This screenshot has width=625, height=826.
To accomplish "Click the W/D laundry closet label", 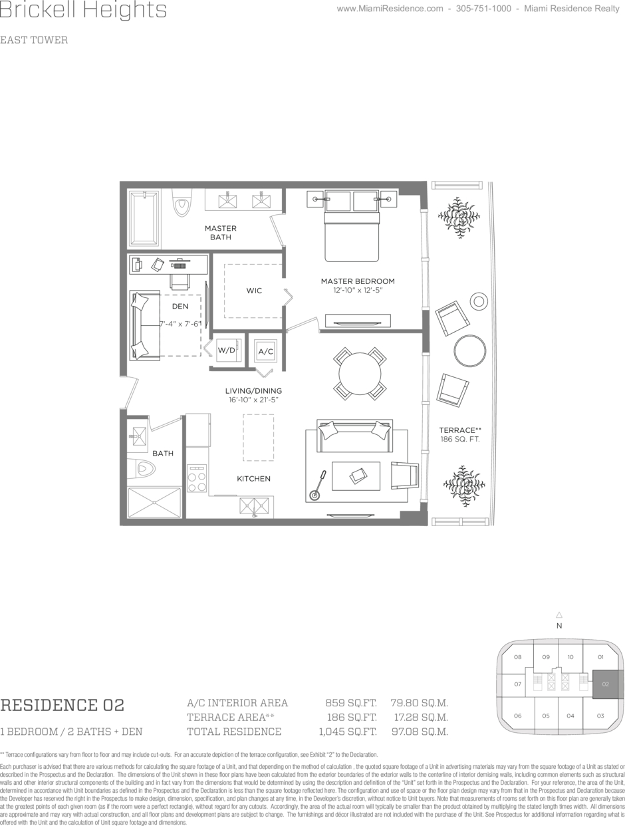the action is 226,350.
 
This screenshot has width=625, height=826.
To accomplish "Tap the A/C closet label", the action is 265,351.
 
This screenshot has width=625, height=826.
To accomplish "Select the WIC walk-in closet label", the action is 254,291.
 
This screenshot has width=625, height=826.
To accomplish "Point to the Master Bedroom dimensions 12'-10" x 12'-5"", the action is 358,291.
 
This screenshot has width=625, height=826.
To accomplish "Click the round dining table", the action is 360,374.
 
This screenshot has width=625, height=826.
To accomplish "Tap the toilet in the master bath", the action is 182,203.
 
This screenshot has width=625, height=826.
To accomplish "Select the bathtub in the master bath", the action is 144,218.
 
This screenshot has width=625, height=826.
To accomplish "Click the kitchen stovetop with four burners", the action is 197,478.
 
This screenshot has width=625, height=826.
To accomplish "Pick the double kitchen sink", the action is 255,506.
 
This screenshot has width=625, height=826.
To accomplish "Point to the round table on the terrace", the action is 469,350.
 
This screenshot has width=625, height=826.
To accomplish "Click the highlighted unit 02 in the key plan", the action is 605,684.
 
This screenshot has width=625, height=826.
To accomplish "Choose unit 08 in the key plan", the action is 518,657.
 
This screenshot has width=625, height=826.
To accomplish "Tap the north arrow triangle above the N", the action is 559,615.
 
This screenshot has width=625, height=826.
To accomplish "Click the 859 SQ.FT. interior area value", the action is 351,703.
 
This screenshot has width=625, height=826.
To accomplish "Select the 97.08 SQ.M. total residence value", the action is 420,732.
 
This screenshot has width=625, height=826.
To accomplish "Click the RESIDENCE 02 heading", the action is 62,705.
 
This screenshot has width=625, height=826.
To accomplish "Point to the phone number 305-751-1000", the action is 483,9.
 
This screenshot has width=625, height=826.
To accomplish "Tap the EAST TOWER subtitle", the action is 34,40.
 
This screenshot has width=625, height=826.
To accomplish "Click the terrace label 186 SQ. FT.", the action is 460,439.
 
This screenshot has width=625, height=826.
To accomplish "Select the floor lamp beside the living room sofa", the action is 317,485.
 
